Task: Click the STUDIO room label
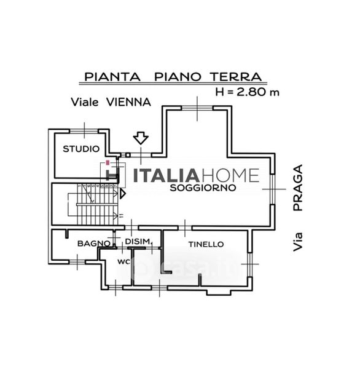[81, 149]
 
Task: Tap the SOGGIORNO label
[203, 188]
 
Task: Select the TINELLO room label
[206, 244]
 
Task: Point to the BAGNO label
[94, 244]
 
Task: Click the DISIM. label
[138, 242]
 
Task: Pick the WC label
[123, 261]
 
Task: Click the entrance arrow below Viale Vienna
[141, 138]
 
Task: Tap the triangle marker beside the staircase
[123, 194]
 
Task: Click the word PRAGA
[298, 188]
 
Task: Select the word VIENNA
[128, 102]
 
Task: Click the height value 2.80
[251, 92]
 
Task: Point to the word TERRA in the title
[236, 77]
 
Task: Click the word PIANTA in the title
[112, 77]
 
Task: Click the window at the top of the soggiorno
[197, 108]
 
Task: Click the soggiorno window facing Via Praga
[272, 189]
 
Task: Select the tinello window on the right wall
[250, 264]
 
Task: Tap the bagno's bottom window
[77, 262]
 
